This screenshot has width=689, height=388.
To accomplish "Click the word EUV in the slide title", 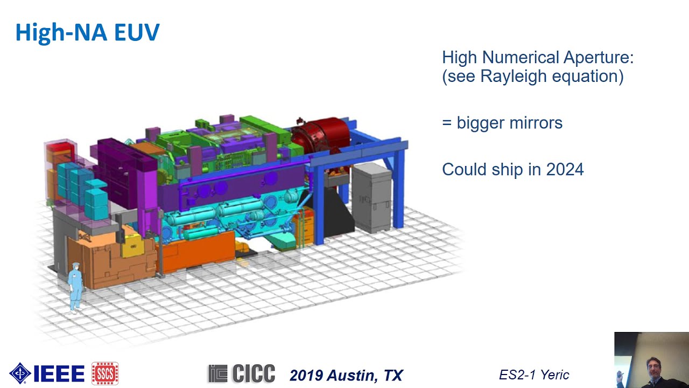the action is [137, 32].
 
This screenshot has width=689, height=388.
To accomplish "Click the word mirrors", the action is [536, 123].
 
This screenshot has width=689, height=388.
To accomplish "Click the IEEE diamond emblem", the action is [20, 373].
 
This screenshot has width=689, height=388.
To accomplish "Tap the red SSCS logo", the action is [105, 373].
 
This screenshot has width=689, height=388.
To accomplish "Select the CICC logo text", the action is [242, 373].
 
